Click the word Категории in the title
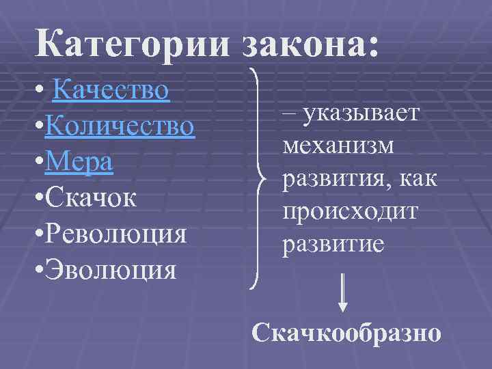[135, 46]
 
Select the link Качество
[110, 90]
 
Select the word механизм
[338, 146]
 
